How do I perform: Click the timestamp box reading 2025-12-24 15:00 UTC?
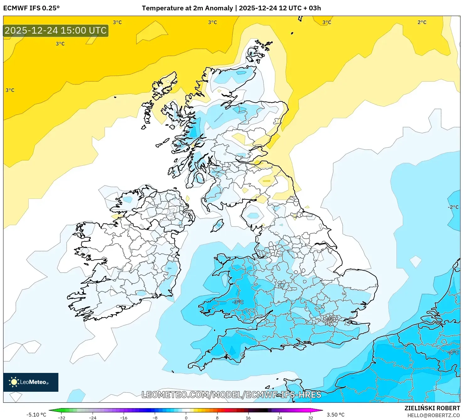click(56, 30)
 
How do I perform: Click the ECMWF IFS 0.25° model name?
click(31, 8)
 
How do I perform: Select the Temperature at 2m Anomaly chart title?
click(231, 8)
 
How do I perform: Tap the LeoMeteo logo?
click(30, 382)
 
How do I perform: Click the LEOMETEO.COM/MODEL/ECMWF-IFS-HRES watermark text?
click(231, 395)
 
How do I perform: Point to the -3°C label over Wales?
click(238, 302)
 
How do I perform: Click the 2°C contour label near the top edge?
click(422, 22)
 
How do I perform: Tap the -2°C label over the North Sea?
click(453, 207)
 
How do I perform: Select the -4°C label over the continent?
click(453, 353)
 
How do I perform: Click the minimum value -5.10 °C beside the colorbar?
click(36, 415)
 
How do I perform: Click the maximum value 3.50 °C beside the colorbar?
click(336, 415)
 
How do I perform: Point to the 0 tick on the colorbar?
click(186, 417)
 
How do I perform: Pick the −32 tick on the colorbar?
click(62, 417)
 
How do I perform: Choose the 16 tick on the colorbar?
click(248, 417)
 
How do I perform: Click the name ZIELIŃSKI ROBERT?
click(432, 408)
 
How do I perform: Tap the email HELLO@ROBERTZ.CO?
click(433, 415)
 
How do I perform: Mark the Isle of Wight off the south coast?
click(300, 347)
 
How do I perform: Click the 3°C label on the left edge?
click(10, 90)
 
